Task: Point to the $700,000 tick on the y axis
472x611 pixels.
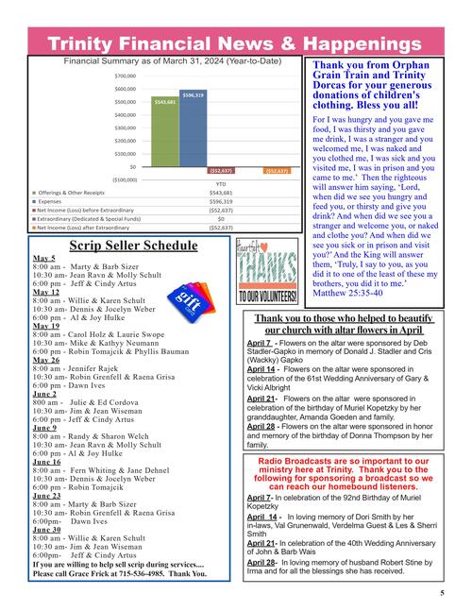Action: (125, 76)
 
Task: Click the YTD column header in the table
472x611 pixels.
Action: (220, 183)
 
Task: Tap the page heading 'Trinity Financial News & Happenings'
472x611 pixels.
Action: (235, 43)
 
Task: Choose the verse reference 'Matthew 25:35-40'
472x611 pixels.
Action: (348, 294)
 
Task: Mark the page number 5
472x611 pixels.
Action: (442, 593)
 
